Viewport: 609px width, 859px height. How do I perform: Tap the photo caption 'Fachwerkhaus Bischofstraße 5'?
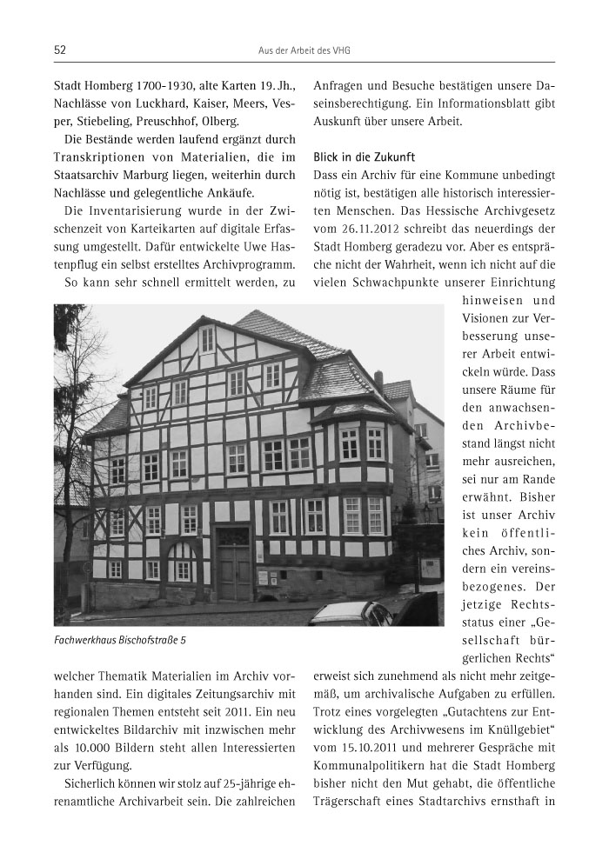[x=120, y=641]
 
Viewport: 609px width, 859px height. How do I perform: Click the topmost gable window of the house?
[x=208, y=339]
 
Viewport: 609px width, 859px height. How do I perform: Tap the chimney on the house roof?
[x=378, y=380]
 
